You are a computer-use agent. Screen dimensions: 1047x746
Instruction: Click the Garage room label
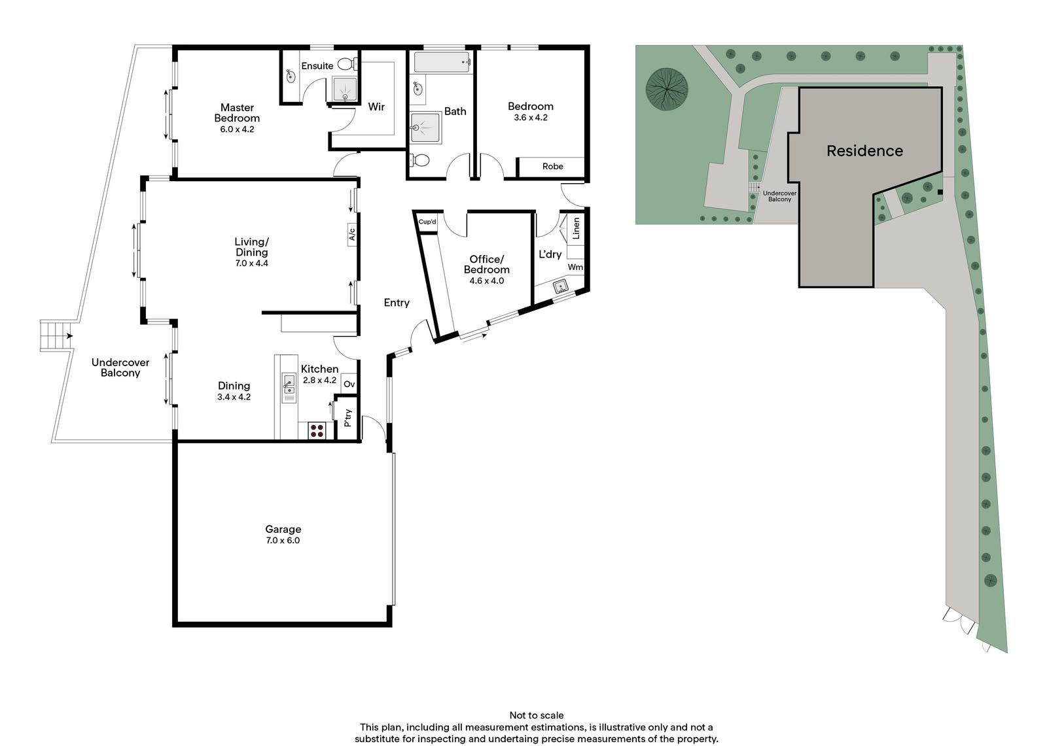tap(283, 529)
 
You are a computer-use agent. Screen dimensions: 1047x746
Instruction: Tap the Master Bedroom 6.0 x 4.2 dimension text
tap(237, 129)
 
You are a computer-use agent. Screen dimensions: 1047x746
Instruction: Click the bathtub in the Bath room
tap(442, 62)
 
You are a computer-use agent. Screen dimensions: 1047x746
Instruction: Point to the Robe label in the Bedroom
tap(552, 166)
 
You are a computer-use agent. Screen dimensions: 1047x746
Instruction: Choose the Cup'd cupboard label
tap(427, 222)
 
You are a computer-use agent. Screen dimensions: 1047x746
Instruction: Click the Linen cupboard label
tap(576, 228)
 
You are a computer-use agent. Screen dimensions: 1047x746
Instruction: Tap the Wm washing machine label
tap(575, 267)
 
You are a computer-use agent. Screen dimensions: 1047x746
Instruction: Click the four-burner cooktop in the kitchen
tap(317, 430)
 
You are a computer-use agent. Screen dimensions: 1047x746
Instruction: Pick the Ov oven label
tap(349, 384)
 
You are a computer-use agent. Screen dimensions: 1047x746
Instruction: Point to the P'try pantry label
tap(347, 418)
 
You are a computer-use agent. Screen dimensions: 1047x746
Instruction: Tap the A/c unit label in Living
tap(352, 234)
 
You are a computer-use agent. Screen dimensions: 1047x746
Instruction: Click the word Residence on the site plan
tap(864, 151)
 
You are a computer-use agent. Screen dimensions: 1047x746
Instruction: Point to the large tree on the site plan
tap(667, 89)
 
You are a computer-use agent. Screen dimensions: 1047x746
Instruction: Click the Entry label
tap(397, 303)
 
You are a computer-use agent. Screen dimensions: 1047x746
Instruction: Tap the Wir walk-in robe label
tap(376, 107)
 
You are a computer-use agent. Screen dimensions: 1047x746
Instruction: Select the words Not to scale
tap(536, 715)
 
